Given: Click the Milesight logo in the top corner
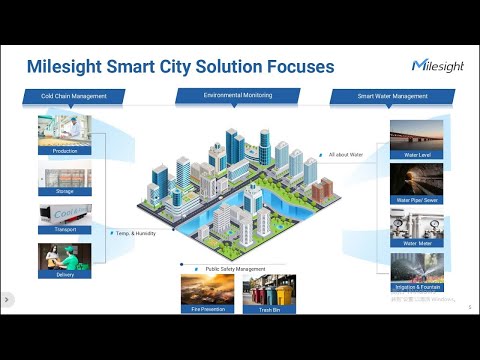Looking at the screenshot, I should coord(436,65).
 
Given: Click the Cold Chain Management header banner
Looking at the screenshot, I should coord(73,97).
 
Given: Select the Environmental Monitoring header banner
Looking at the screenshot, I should coord(239,95).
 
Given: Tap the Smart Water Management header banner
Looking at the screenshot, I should coord(392,97).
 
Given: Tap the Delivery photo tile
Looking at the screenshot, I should coord(64,258).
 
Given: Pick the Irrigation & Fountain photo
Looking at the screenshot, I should coord(417,267).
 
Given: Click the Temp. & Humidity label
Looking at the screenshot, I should coord(134,232).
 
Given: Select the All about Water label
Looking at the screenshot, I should coord(347,155).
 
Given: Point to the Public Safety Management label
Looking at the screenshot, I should coord(236,268).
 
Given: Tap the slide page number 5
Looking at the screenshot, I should coord(469,307).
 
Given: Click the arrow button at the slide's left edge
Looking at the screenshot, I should coord(6,299).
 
